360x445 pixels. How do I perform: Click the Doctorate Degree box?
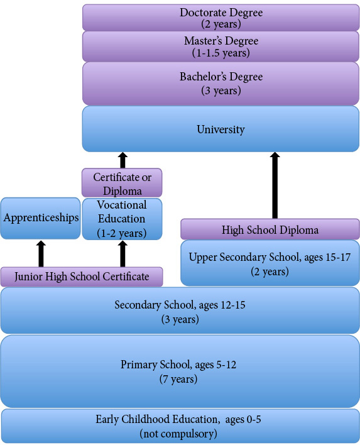[221, 18]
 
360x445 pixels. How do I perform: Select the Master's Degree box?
[221, 47]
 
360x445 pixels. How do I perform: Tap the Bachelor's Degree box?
[221, 84]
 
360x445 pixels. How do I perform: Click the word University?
[221, 129]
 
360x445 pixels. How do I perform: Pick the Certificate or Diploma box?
[122, 182]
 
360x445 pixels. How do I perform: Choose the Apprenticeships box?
[41, 218]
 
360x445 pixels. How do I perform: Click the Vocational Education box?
[122, 219]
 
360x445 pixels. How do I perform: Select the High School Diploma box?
[270, 229]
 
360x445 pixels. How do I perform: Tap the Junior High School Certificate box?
[82, 277]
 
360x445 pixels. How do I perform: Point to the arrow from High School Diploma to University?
[275, 185]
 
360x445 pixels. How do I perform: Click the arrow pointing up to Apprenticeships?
[41, 254]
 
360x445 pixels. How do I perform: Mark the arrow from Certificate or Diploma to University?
[123, 160]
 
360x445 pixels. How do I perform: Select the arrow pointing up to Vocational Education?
[123, 254]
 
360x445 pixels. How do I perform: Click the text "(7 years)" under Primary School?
[178, 379]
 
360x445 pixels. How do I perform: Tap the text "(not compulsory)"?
[178, 433]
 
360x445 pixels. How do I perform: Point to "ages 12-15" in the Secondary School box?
[222, 305]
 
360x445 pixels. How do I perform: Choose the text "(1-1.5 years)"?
[221, 53]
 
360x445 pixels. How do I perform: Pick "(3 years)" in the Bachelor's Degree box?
[221, 91]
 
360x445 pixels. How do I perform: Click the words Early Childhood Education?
[158, 419]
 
